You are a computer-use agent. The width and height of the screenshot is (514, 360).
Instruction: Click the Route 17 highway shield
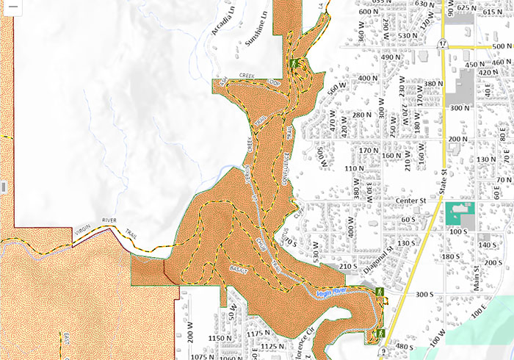444,45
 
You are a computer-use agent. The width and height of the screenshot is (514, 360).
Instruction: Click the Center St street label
412,199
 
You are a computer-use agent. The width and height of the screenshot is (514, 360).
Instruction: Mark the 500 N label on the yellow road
502,46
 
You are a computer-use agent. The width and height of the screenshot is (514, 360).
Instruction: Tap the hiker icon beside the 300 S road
380,292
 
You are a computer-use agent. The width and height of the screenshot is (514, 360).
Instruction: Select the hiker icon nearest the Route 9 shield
380,334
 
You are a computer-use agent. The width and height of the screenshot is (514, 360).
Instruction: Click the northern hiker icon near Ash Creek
293,64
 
